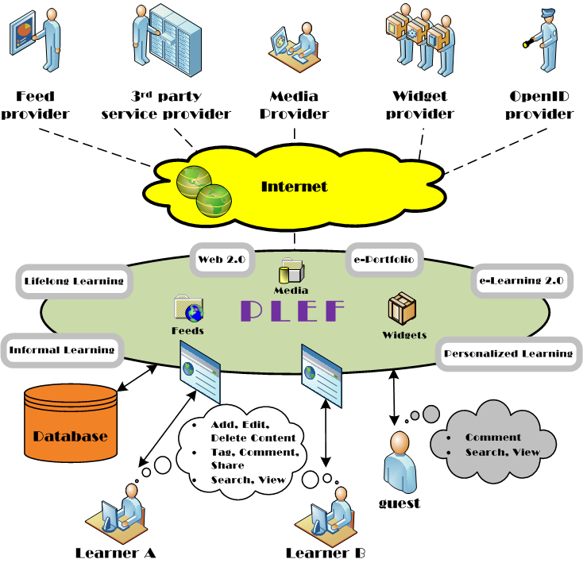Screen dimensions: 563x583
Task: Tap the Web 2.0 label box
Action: coord(222,260)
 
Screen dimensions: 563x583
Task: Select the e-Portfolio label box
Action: coord(384,260)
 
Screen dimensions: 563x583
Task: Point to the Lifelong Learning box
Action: coord(74,281)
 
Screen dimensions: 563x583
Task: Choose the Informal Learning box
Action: coord(62,350)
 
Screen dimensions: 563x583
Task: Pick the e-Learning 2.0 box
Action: coord(522,281)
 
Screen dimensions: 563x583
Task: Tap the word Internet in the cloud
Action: coord(294,187)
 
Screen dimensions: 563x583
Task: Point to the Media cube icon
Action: coord(291,270)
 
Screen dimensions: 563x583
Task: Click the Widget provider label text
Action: coord(420,105)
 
